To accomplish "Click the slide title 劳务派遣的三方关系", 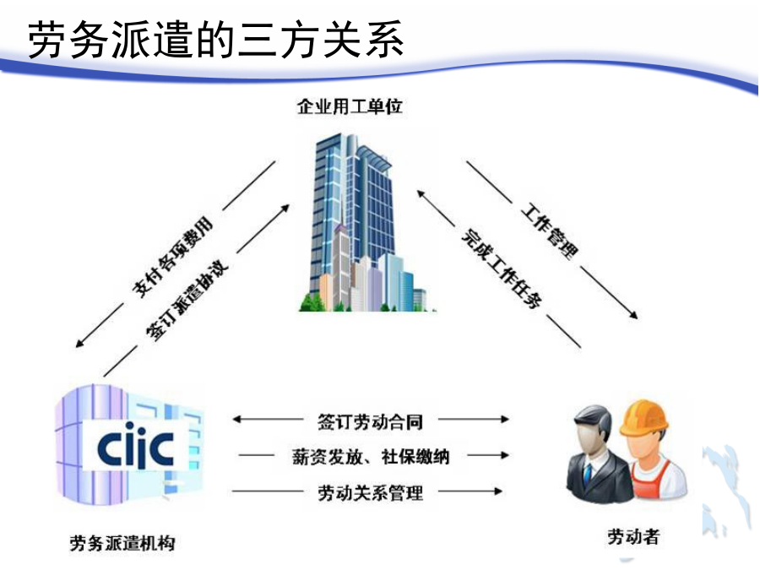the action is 215,40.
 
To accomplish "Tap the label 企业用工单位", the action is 350,106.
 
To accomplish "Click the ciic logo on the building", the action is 135,445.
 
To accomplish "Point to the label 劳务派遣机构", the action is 122,543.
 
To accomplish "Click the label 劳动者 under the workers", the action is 633,536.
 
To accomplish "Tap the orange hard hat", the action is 643,418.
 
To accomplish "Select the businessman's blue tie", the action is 588,475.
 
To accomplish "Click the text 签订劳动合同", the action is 370,421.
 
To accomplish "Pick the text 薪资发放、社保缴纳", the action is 371,457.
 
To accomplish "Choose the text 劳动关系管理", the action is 371,493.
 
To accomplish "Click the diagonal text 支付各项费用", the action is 173,257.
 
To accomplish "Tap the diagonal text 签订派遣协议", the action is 187,301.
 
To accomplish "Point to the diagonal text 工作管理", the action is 550,231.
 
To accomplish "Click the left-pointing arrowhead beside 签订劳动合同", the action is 237,419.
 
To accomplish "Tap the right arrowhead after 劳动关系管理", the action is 497,491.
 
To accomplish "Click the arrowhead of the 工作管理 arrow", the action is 633,315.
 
